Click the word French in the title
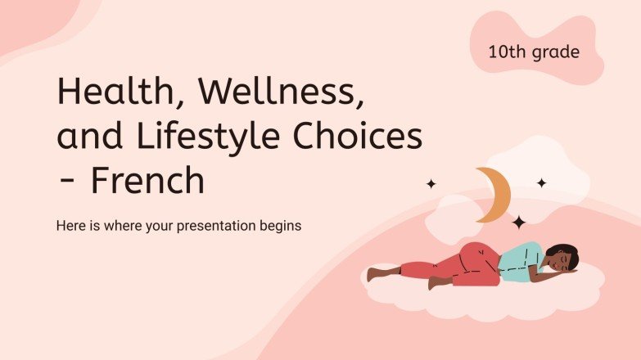147,180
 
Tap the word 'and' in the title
86,137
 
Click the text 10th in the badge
507,52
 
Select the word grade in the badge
556,53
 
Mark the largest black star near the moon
518,222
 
